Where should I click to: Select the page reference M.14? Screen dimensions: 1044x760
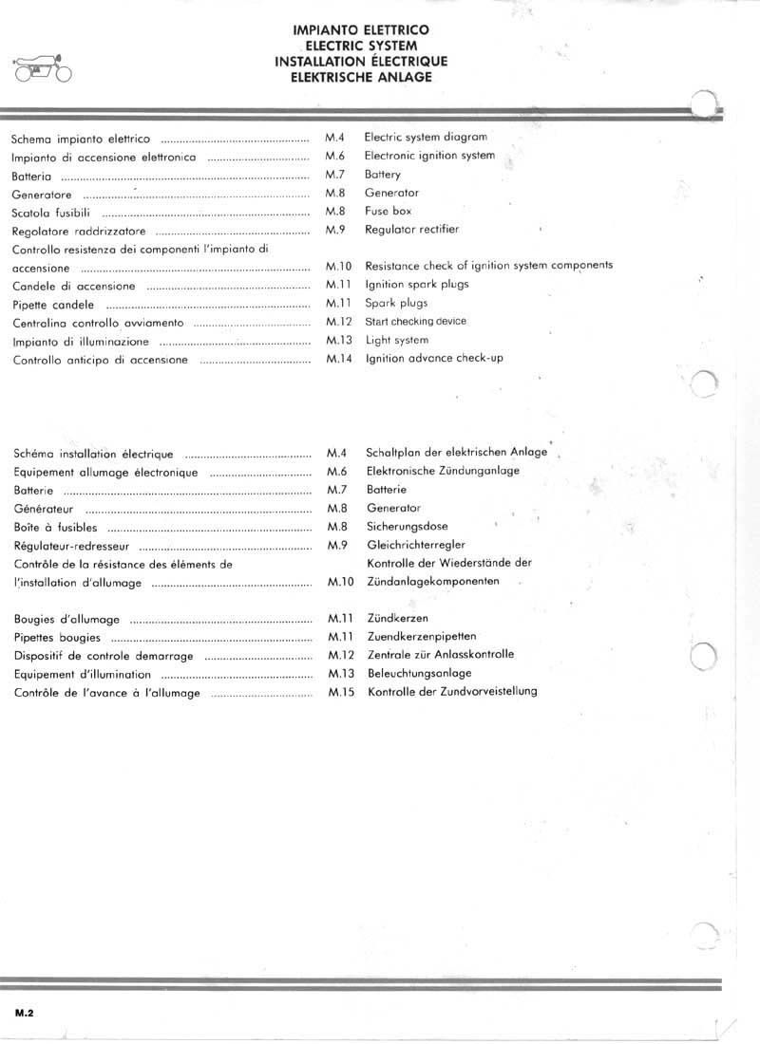tap(338, 359)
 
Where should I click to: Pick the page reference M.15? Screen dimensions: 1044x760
tap(340, 692)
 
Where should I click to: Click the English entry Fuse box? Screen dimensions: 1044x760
tap(388, 212)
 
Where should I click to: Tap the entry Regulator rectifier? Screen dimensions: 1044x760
tap(411, 230)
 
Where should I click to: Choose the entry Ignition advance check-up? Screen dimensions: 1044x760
tap(433, 359)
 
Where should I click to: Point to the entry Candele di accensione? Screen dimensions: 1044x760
tap(74, 287)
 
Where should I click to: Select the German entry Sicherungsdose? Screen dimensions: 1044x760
tap(407, 526)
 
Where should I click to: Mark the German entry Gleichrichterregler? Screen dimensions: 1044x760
tap(415, 545)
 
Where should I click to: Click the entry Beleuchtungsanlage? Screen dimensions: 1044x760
tap(419, 673)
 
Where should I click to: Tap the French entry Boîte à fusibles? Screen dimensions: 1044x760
tap(55, 528)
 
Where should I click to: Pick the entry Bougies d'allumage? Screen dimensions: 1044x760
tap(66, 620)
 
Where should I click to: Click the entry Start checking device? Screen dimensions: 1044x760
tap(415, 322)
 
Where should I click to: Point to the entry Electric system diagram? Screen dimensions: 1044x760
tap(426, 138)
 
